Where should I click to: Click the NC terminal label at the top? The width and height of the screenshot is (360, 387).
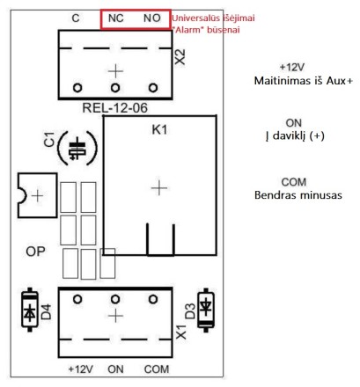click(115, 18)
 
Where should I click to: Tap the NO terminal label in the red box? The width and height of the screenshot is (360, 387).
click(152, 18)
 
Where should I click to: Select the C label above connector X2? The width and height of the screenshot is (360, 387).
click(76, 18)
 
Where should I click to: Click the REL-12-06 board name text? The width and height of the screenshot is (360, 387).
click(114, 108)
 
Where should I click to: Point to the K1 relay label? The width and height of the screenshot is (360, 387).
click(159, 129)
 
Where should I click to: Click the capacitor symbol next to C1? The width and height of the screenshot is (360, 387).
click(77, 149)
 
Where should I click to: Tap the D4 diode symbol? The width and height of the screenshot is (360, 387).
click(30, 310)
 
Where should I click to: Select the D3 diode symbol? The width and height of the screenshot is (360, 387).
click(206, 310)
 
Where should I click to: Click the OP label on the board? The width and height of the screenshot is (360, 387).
click(35, 252)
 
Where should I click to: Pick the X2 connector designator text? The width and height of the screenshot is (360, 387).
click(180, 57)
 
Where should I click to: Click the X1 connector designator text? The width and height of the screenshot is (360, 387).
click(181, 332)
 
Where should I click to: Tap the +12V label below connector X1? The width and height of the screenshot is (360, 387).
click(80, 369)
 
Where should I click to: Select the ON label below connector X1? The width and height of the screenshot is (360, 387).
click(115, 369)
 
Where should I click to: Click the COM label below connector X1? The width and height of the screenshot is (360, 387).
click(157, 369)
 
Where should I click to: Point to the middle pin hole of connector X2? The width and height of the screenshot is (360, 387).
click(115, 88)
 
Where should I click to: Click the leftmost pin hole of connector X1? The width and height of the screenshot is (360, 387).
click(77, 299)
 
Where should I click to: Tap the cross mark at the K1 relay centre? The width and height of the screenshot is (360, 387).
click(159, 188)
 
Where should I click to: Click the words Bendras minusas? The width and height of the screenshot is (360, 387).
click(298, 195)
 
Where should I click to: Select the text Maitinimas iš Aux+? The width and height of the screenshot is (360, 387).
click(304, 81)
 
